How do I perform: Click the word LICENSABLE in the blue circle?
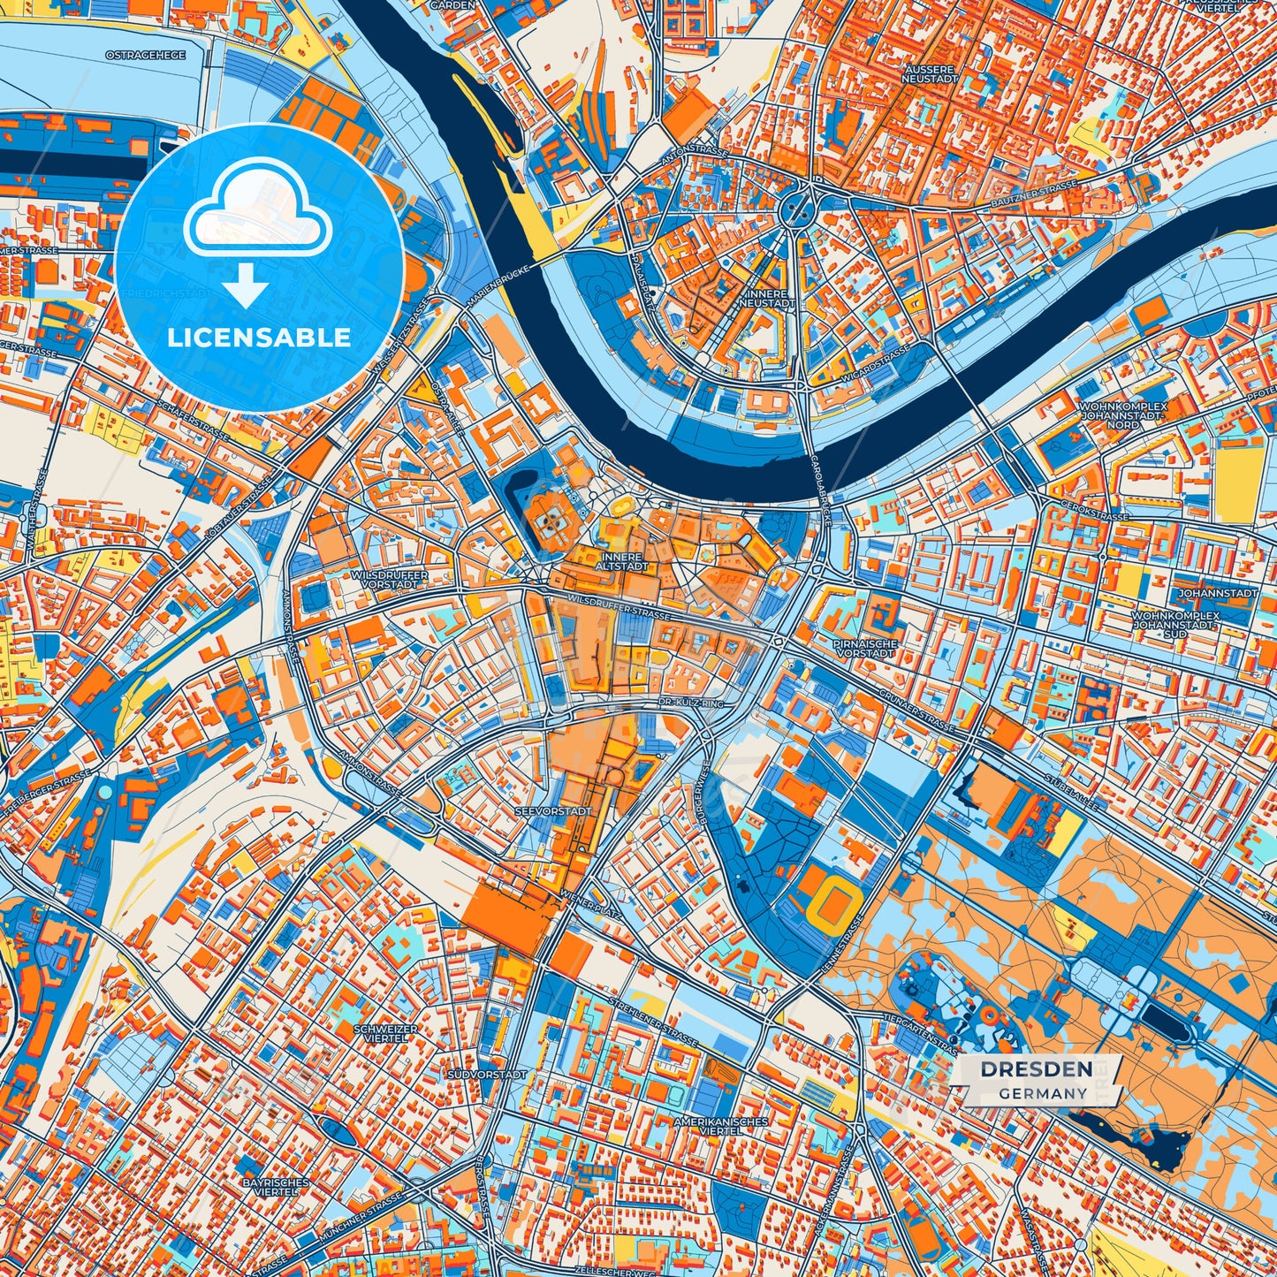(260, 338)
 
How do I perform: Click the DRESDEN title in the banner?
(1036, 1069)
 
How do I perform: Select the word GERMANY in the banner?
(1043, 1093)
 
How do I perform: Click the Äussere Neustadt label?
(929, 73)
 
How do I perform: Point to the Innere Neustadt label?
(772, 298)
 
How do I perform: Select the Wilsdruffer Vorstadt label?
(389, 579)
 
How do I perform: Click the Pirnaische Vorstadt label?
(865, 648)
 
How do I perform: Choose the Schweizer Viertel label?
(384, 1033)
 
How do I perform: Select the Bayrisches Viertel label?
(276, 1186)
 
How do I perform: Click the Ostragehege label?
(146, 55)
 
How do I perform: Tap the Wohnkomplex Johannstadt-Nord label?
(1123, 415)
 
